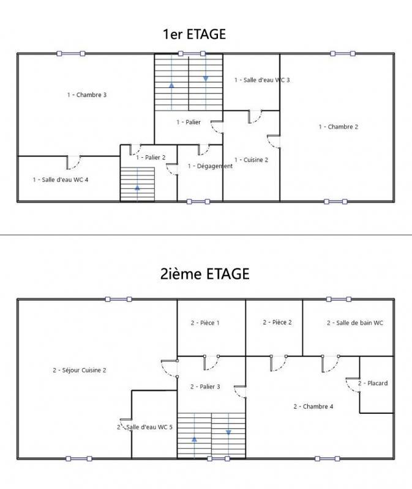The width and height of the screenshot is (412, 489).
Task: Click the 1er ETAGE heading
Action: pyautogui.click(x=194, y=34)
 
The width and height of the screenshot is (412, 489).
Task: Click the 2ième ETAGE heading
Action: pyautogui.click(x=204, y=274)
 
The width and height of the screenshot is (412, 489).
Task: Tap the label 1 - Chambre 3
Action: pyautogui.click(x=87, y=95)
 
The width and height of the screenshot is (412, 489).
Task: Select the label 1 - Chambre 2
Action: pyautogui.click(x=338, y=127)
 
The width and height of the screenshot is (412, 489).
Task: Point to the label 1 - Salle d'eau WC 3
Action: pyautogui.click(x=262, y=80)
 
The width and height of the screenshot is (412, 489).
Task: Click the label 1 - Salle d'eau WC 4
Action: pyautogui.click(x=61, y=180)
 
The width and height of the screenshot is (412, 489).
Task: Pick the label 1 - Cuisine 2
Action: pyautogui.click(x=251, y=160)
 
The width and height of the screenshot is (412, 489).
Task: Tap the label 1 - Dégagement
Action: pyautogui.click(x=210, y=166)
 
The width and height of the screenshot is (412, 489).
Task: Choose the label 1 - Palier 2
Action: pyautogui.click(x=151, y=157)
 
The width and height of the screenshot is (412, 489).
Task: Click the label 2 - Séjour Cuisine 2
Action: pyautogui.click(x=80, y=370)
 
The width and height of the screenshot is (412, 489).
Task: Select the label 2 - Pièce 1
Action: pyautogui.click(x=204, y=323)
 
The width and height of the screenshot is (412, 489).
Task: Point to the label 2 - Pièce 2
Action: pyautogui.click(x=277, y=322)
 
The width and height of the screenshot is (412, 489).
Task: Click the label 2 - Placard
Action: pyautogui.click(x=373, y=383)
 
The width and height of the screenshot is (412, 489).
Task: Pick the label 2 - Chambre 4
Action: pyautogui.click(x=313, y=406)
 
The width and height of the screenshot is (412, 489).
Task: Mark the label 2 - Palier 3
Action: pyautogui.click(x=204, y=386)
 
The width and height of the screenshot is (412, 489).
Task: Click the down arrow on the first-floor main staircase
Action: pyautogui.click(x=206, y=78)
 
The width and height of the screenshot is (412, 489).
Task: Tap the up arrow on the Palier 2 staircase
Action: pyautogui.click(x=137, y=188)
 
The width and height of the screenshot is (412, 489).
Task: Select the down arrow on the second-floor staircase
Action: pyautogui.click(x=228, y=432)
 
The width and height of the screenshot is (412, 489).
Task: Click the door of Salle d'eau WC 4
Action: pyautogui.click(x=73, y=163)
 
